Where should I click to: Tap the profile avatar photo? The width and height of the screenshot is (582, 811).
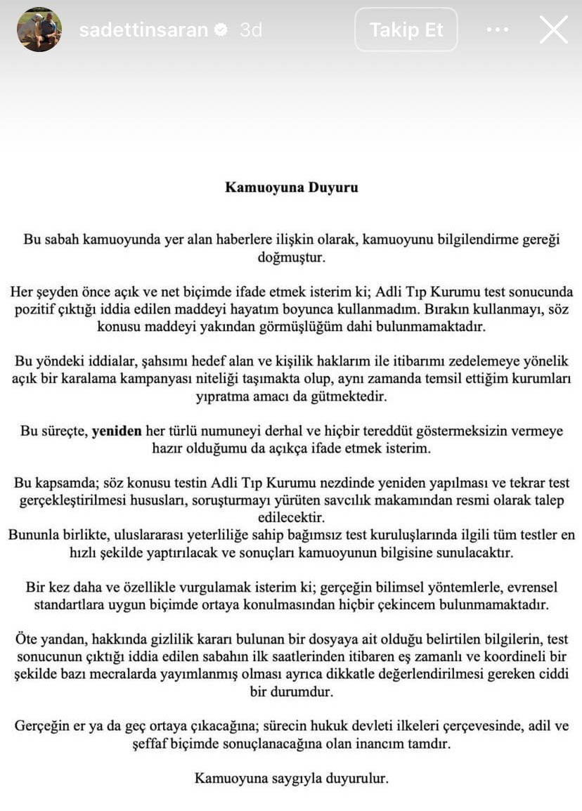pos(39,30)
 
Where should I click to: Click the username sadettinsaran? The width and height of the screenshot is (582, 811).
pos(143,30)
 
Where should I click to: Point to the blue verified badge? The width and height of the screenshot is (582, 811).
pos(221,30)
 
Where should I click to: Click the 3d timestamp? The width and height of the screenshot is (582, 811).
pos(250,30)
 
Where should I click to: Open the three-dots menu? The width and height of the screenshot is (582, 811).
pos(497,30)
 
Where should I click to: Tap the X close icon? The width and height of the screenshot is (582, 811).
pos(553,30)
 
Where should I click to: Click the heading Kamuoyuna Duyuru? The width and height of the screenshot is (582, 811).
pos(291,188)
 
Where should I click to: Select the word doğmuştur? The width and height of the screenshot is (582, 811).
pos(291,257)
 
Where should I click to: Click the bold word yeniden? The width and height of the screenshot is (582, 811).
pos(117,432)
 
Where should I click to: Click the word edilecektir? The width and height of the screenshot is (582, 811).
pos(291,518)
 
